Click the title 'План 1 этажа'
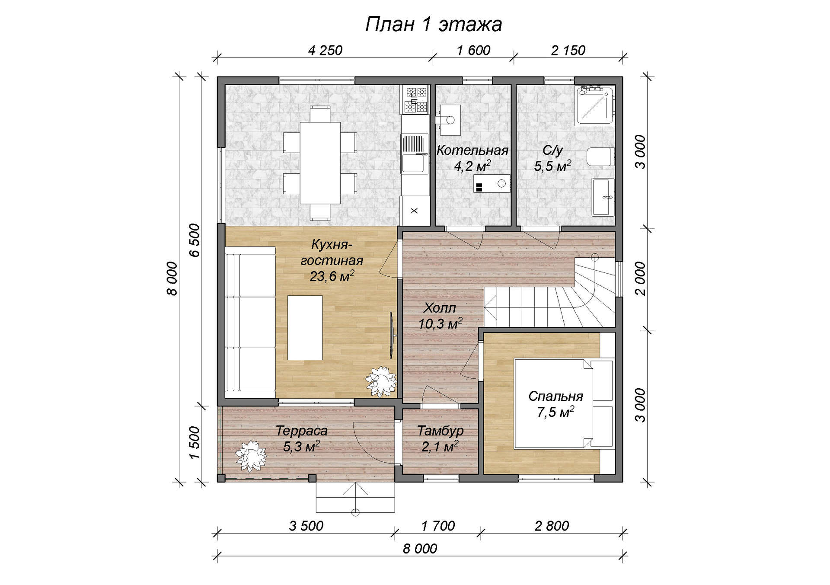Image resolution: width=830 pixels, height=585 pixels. click(x=433, y=25)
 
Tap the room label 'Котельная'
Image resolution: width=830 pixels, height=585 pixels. click(x=472, y=150)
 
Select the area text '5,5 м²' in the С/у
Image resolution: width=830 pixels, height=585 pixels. click(x=552, y=166)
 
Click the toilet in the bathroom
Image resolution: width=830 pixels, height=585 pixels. click(x=600, y=157)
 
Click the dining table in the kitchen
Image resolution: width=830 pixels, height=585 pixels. click(x=320, y=163)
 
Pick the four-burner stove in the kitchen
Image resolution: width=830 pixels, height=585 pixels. click(x=415, y=99)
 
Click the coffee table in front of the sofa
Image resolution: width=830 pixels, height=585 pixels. click(x=305, y=328)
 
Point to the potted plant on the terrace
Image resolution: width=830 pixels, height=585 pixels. click(x=251, y=456)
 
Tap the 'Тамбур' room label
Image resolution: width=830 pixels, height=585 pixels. click(x=440, y=431)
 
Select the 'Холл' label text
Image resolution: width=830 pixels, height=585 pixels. click(x=440, y=308)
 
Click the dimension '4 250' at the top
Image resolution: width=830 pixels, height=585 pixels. click(x=325, y=51)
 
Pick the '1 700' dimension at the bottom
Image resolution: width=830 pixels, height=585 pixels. click(x=438, y=526)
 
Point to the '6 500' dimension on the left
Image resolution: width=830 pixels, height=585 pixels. click(x=195, y=240)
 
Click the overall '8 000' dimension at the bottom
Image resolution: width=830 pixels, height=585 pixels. click(x=420, y=549)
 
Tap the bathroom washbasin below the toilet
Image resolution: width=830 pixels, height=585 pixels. click(x=603, y=197)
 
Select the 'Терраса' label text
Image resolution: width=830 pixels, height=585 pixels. click(x=302, y=431)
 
